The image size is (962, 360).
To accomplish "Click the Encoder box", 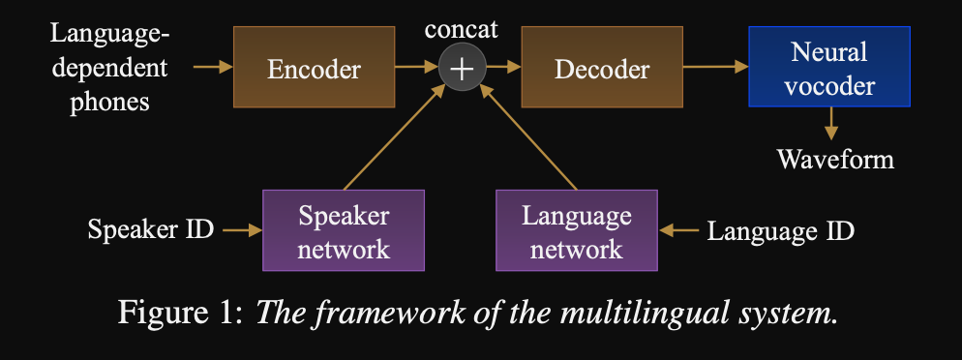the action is click(314, 67).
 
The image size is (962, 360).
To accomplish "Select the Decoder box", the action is click(602, 67).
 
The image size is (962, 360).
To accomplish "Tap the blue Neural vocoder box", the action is click(829, 67).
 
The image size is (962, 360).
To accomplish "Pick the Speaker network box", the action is click(344, 230).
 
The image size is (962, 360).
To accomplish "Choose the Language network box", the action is click(577, 230).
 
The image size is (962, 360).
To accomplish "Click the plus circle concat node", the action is click(462, 68).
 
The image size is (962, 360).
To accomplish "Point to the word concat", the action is click(462, 29).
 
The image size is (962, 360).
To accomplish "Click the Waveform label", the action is click(835, 160).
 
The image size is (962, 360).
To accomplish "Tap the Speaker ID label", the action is click(151, 230).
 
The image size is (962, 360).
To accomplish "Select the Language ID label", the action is click(780, 231).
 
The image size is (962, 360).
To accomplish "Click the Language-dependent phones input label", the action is click(109, 67).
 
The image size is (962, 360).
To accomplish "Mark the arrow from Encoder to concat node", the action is click(416, 67).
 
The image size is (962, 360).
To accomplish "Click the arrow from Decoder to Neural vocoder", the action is click(715, 67).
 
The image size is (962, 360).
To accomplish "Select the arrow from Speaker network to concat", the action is click(395, 136).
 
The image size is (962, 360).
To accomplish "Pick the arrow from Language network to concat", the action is click(527, 136).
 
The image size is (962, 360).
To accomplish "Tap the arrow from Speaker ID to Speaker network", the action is click(242, 230).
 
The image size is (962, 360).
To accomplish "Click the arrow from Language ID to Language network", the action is click(677, 230).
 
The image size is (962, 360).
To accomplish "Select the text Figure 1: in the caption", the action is click(182, 313).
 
